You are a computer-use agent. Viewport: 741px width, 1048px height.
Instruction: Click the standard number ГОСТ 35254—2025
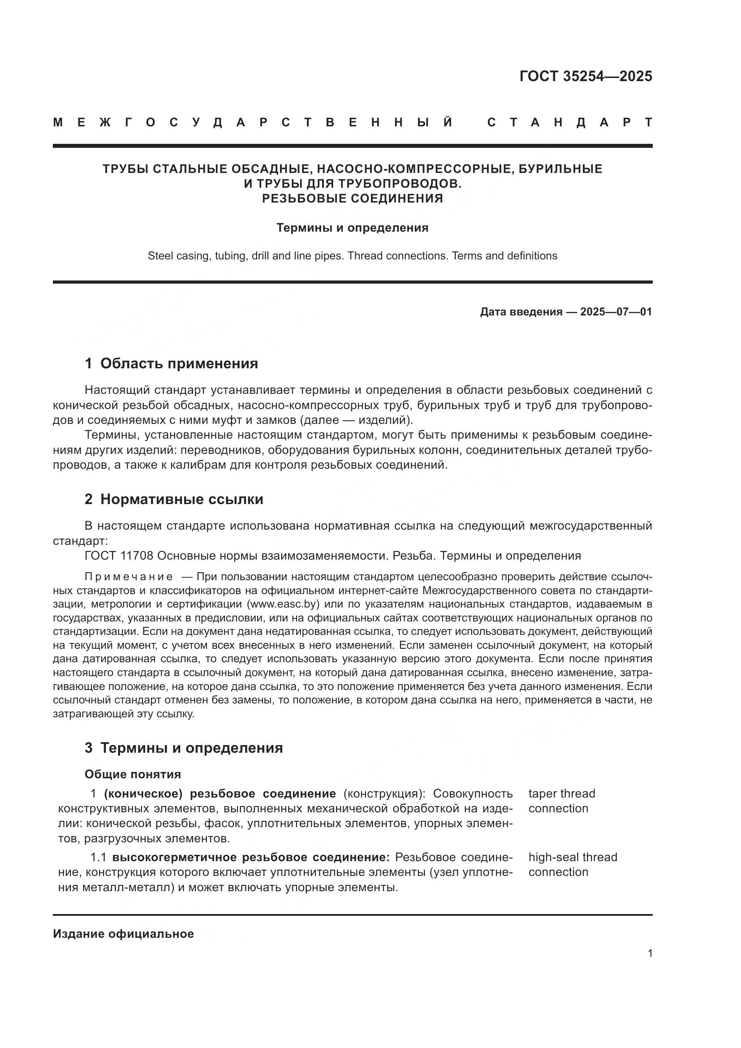[x=586, y=76]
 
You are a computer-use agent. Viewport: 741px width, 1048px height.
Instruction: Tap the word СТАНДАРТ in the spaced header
[x=569, y=122]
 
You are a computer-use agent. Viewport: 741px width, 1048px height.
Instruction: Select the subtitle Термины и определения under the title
[x=352, y=228]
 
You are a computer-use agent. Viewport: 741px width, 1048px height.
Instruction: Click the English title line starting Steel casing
[x=352, y=255]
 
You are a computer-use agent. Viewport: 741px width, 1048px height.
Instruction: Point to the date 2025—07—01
[x=616, y=312]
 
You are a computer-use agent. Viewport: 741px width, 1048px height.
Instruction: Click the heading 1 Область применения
[x=171, y=363]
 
